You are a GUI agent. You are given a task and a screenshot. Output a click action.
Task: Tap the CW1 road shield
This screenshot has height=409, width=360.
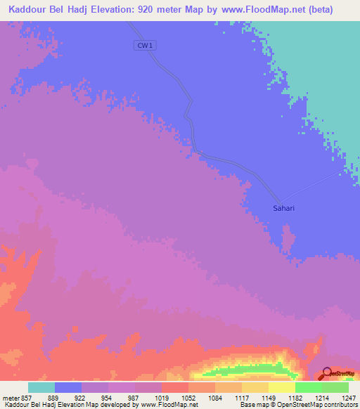(x=144, y=46)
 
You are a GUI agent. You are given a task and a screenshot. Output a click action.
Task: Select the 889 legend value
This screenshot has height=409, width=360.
(x=53, y=398)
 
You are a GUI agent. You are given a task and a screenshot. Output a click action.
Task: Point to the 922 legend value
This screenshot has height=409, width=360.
(x=79, y=398)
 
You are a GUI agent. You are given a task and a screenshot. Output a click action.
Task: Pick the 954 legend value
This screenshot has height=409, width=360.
(x=107, y=398)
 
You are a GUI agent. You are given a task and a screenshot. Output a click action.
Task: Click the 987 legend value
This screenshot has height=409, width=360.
(x=134, y=398)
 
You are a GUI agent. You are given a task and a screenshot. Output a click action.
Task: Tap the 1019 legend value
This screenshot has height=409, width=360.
(x=160, y=398)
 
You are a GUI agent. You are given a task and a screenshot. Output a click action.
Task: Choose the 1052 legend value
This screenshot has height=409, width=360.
(x=187, y=398)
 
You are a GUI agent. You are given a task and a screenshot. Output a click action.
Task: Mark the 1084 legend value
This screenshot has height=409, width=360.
(x=214, y=398)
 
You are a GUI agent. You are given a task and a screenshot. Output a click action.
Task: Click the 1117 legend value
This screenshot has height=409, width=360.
(x=240, y=398)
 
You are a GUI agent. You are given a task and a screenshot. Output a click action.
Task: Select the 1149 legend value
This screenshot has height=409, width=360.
(x=267, y=398)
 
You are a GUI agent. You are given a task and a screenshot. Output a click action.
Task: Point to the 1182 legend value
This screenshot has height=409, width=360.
(x=294, y=398)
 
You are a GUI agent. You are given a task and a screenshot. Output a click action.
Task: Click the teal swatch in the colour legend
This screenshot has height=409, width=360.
(x=41, y=387)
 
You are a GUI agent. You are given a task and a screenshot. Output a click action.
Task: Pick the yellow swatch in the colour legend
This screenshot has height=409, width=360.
(x=281, y=387)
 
